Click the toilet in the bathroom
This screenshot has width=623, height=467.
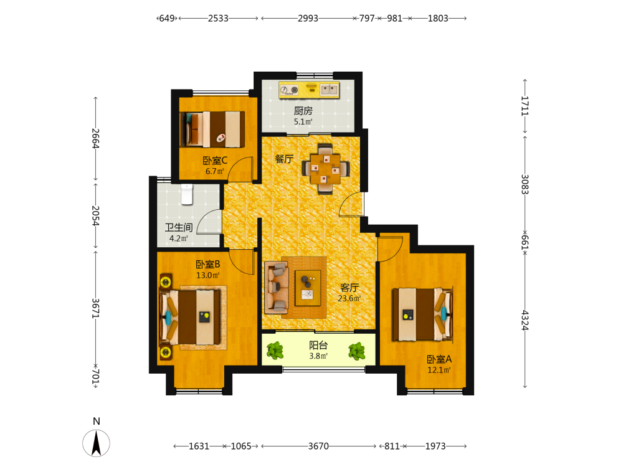(187, 194)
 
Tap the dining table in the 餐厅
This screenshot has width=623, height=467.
(325, 168)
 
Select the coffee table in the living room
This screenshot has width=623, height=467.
(308, 288)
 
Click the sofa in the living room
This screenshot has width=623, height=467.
(277, 286)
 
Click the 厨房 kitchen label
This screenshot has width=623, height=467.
(303, 111)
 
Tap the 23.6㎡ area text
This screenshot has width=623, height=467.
(350, 298)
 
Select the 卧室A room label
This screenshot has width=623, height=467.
(439, 359)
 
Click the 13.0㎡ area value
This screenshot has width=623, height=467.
(208, 275)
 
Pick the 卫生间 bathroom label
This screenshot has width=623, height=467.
(179, 227)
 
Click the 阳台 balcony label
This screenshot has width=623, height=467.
(318, 345)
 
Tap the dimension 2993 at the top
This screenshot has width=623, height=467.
(308, 18)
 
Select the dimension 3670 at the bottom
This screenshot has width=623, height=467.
(318, 446)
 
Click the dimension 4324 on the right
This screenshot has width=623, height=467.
(525, 321)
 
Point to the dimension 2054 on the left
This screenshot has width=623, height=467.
(95, 215)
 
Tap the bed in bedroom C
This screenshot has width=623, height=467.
(212, 129)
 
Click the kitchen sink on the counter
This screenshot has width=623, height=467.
(330, 90)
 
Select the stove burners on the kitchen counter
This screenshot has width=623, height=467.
(289, 90)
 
